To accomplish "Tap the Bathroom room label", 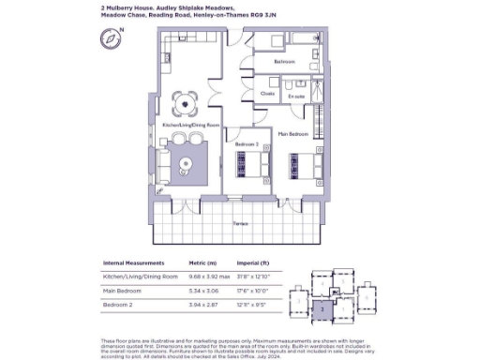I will pyautogui.click(x=285, y=62).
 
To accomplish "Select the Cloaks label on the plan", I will pyautogui.click(x=267, y=94).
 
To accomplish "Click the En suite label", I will pyautogui.click(x=296, y=95).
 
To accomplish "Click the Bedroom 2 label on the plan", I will pyautogui.click(x=247, y=143).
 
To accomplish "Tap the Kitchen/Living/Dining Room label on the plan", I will pyautogui.click(x=191, y=125).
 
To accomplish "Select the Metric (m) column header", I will pyautogui.click(x=202, y=265).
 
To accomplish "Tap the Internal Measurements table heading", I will pyautogui.click(x=132, y=265).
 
